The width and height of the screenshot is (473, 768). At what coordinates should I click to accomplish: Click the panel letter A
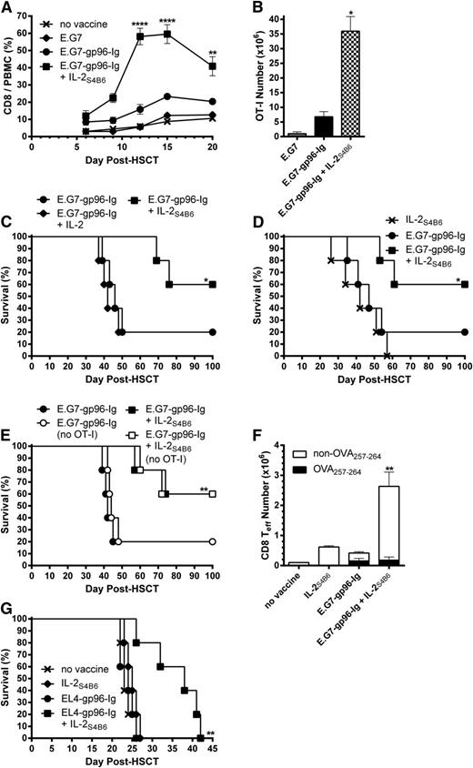[x=7, y=8]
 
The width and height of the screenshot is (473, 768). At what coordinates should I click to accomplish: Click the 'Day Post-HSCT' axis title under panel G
[x=123, y=762]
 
